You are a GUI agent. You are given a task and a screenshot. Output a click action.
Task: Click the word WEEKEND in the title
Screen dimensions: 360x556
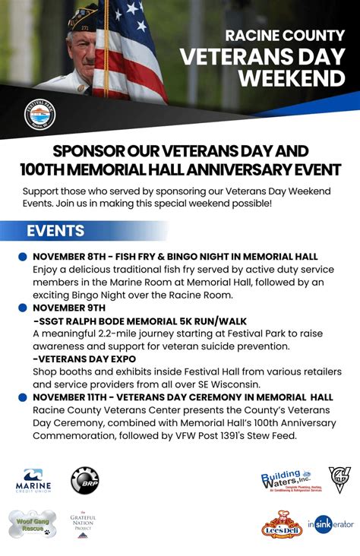tap(292, 78)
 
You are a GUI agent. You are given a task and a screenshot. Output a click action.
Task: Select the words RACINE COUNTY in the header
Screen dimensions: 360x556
tap(285, 35)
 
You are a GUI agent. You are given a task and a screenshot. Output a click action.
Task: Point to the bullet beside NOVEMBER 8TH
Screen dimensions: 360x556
tap(23, 257)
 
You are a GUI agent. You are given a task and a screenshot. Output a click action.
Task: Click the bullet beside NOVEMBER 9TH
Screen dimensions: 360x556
tap(23, 308)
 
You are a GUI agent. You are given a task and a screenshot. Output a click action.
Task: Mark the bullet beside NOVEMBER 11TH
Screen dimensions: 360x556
tap(23, 397)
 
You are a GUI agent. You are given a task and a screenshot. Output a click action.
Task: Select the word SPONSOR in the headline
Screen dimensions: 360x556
tap(90, 150)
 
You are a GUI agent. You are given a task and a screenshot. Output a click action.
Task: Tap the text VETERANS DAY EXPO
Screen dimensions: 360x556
tap(87, 359)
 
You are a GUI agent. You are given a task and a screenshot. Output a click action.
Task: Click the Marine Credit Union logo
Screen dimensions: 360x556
tap(33, 481)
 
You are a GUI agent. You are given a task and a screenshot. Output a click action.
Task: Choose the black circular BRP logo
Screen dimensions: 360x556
tap(85, 480)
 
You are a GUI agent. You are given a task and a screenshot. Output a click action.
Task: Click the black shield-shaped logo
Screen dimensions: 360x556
tap(339, 480)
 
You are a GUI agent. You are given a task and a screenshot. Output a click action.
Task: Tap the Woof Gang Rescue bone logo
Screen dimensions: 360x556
tap(33, 523)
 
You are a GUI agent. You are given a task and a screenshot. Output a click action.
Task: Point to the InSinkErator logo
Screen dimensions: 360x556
tap(331, 524)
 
